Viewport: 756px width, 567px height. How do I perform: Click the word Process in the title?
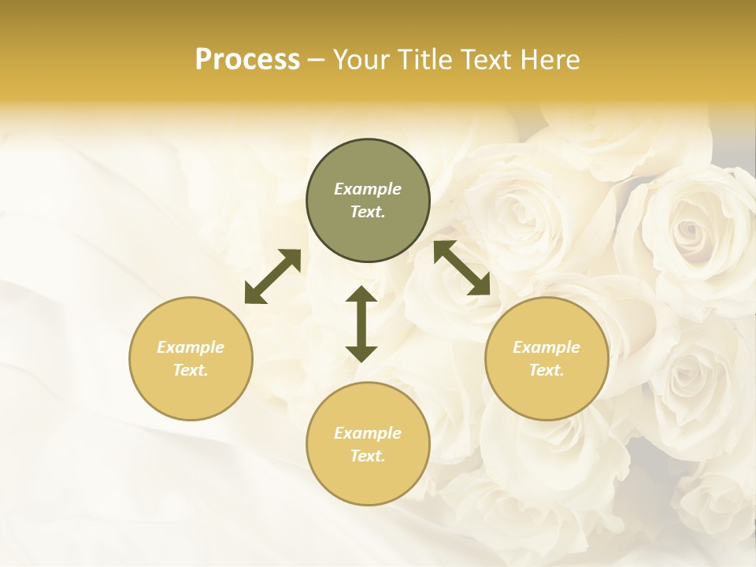coord(247,60)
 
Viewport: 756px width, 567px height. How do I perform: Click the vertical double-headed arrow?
coord(361,324)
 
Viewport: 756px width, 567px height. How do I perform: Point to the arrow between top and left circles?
coord(272,276)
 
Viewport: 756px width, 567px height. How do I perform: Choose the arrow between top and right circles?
coord(462,268)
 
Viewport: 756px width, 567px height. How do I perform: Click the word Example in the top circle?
coord(368,189)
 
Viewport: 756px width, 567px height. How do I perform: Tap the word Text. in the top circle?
coord(368,212)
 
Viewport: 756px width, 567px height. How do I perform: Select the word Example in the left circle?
coord(191,347)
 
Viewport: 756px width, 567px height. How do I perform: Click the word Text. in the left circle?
coord(191,370)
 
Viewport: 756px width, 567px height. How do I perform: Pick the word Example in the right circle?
coord(547,347)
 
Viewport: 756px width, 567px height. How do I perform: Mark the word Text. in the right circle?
coord(547,370)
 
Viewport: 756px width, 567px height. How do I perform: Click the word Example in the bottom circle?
coord(368,433)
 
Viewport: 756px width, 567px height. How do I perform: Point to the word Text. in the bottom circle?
coord(368,456)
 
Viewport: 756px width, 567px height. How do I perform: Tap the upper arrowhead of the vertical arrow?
coord(361,295)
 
